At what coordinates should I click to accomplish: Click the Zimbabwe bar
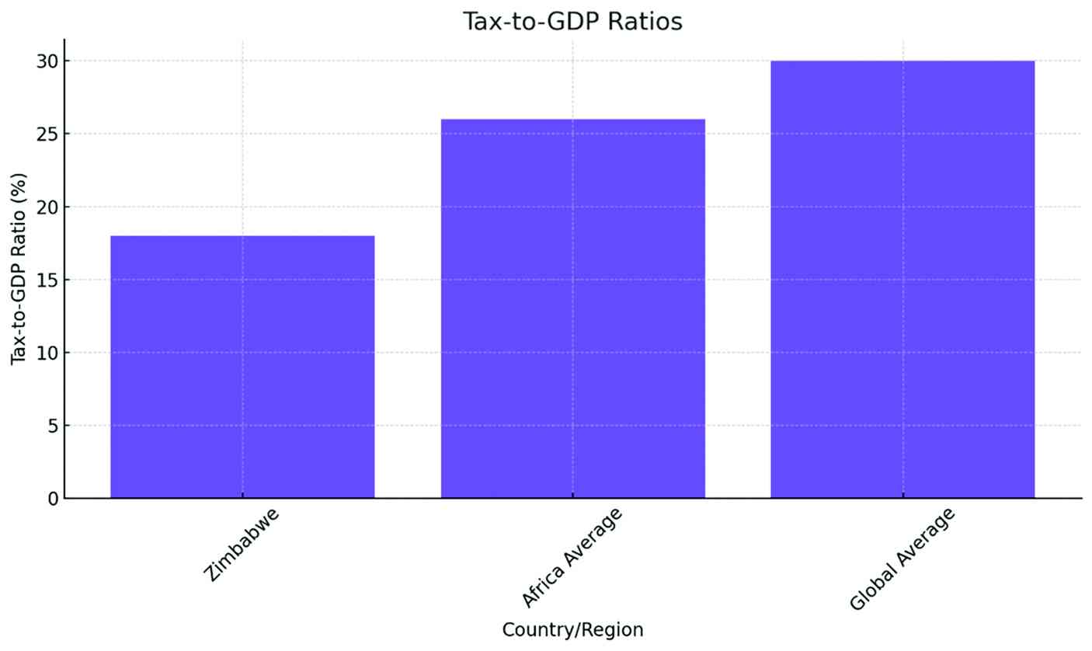(242, 367)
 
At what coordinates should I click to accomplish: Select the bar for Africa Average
(572, 308)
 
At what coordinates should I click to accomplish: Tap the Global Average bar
(902, 280)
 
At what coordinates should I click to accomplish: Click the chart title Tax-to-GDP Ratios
(572, 21)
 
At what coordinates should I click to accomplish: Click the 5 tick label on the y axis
(52, 426)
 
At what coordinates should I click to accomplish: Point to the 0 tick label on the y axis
(52, 499)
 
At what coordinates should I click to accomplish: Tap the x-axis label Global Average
(901, 559)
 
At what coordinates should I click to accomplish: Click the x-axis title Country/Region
(572, 630)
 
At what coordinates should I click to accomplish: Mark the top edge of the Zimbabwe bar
(242, 236)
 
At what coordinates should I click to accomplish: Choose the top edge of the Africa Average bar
(572, 120)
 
